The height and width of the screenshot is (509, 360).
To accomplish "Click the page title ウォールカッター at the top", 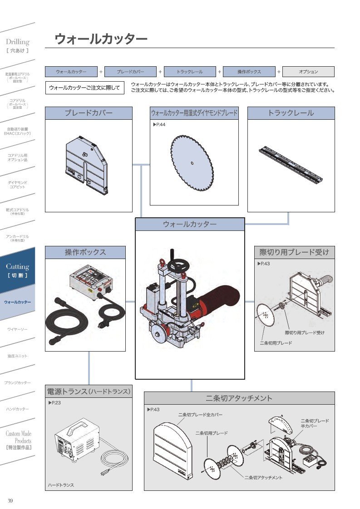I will click(x=101, y=39).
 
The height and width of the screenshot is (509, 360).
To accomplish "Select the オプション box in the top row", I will click(x=308, y=72).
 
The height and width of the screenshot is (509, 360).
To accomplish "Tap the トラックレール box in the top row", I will click(x=189, y=72).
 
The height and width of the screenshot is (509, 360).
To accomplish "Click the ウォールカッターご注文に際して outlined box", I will click(x=84, y=88).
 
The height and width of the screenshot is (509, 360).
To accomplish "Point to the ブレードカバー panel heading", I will click(x=89, y=113).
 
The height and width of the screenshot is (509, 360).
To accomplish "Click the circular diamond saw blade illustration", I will click(x=193, y=164).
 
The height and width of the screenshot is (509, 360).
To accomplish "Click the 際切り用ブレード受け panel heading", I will click(x=294, y=252).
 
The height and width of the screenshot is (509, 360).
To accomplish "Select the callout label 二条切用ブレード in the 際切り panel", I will click(x=276, y=343).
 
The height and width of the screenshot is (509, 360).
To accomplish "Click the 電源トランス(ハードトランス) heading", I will click(x=89, y=392).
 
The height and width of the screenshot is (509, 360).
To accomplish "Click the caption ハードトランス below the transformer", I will click(x=61, y=485).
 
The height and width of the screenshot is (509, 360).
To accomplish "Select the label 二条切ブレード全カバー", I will click(x=200, y=415).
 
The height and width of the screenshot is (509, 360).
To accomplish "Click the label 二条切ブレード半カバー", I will click(x=315, y=423).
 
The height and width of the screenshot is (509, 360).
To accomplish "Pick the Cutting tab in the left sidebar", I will click(x=17, y=270).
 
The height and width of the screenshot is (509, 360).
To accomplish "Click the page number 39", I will click(x=10, y=500).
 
